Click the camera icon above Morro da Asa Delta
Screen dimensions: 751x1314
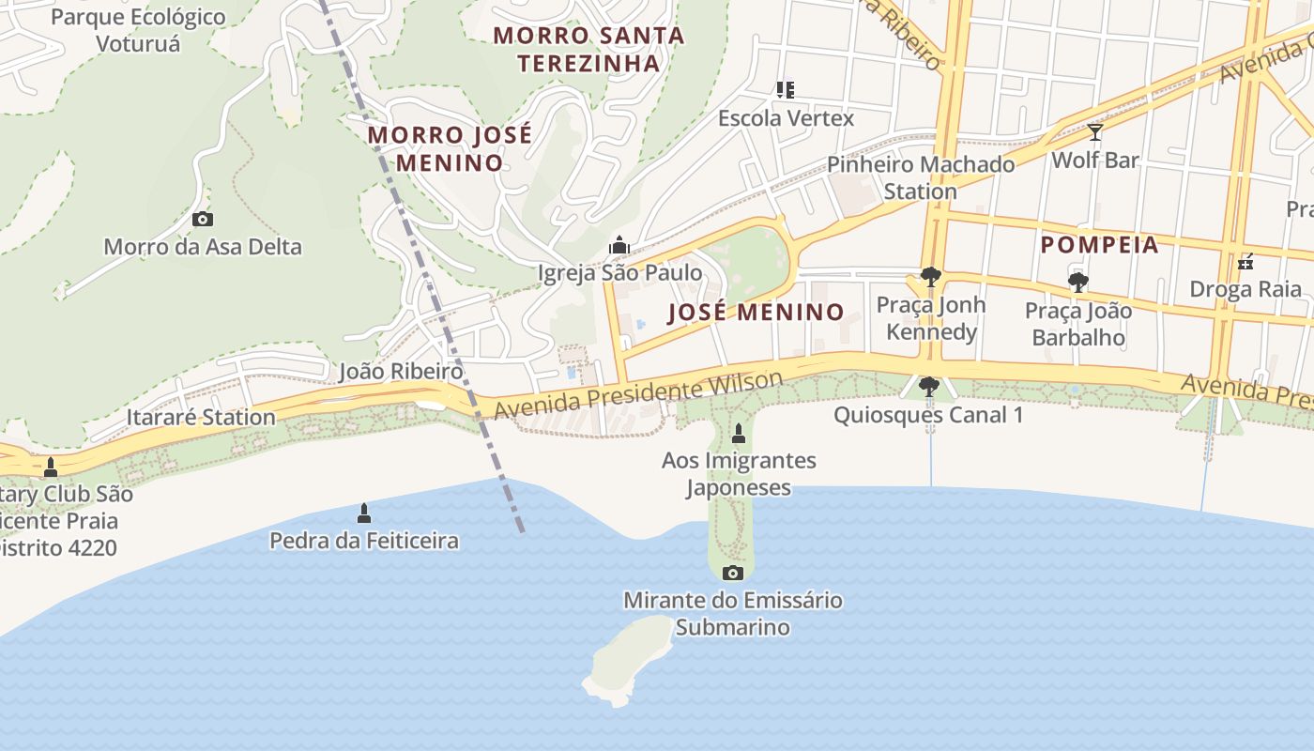pos(202,220)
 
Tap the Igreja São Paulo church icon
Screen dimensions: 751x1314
pos(619,246)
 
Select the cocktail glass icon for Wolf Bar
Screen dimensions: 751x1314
pos(1094,132)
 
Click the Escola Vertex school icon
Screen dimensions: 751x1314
pos(786,90)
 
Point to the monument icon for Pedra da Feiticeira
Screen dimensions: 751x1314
pos(364,513)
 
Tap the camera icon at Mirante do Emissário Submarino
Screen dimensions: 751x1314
pos(733,573)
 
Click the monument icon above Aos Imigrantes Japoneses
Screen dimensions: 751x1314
pos(738,434)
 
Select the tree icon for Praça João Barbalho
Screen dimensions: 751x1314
pos(1077,282)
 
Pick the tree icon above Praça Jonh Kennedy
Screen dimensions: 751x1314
pos(930,277)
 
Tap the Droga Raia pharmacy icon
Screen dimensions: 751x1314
pos(1246,262)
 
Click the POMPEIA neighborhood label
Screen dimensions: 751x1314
pos(1099,245)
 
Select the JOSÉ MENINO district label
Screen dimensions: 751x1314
pos(756,313)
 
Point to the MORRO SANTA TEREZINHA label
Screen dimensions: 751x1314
pos(588,50)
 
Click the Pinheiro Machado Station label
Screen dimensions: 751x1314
pos(920,177)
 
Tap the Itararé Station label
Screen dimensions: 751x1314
pos(201,417)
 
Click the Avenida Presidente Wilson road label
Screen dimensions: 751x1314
pos(638,395)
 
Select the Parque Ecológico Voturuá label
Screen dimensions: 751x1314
pos(138,30)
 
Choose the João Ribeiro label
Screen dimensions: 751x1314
pos(401,372)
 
